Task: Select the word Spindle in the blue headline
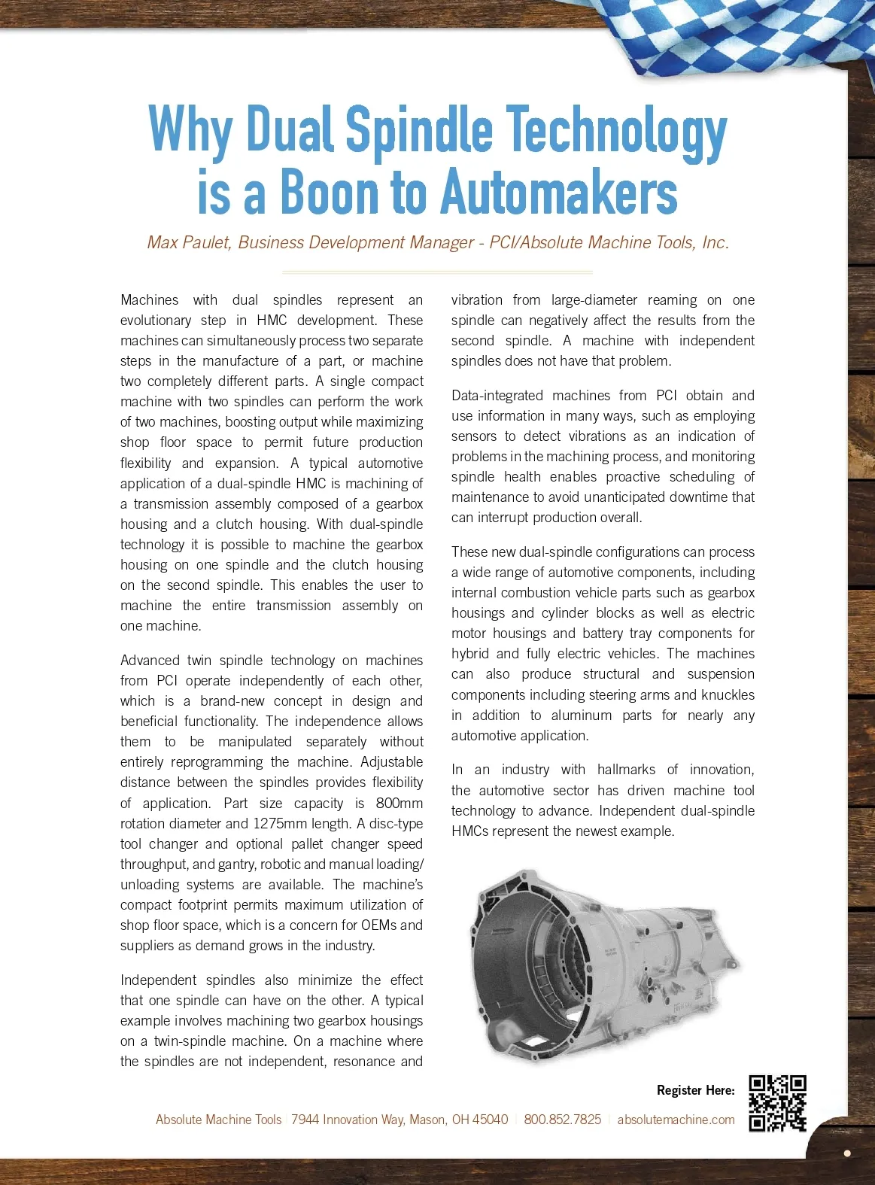418,129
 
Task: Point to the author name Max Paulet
189,242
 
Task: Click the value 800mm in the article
400,803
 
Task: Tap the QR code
777,1104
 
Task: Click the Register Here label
695,1090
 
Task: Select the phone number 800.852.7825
563,1120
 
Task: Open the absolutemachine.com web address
676,1120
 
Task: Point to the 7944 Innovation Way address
400,1120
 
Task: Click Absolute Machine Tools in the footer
218,1120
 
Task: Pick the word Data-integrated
497,395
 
